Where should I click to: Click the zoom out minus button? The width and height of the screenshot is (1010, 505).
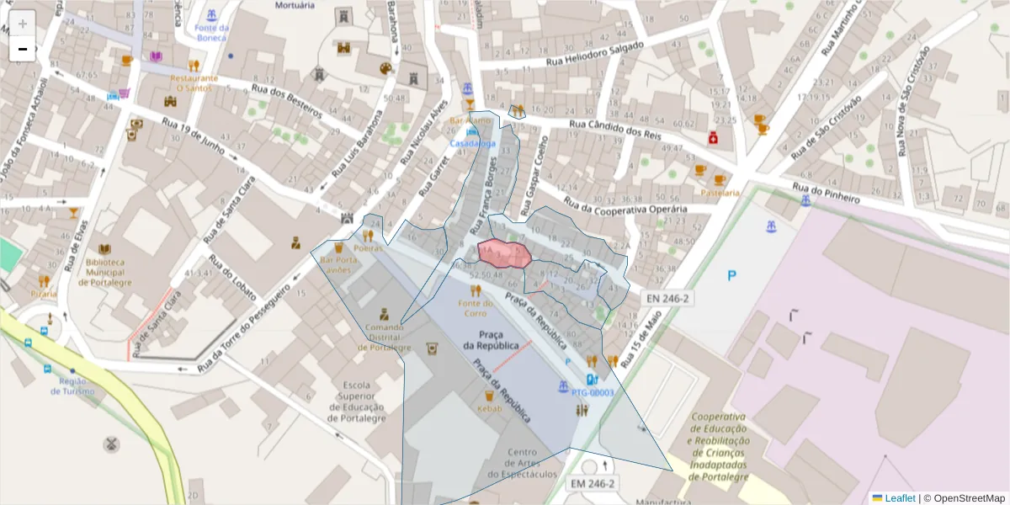click(x=23, y=50)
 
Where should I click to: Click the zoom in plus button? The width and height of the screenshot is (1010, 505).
click(x=23, y=24)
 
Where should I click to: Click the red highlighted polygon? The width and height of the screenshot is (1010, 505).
click(x=503, y=253)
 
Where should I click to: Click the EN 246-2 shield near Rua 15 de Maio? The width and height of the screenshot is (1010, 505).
click(x=667, y=298)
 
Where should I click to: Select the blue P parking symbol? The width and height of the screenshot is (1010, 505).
click(x=732, y=275)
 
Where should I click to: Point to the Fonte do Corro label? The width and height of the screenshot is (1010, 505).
click(x=476, y=308)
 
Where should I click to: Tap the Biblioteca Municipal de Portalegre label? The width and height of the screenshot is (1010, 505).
click(x=104, y=272)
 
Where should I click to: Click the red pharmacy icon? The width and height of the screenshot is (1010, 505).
click(x=712, y=137)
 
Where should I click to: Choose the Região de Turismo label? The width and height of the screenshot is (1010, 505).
click(x=72, y=386)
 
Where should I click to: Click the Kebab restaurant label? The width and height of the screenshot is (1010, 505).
click(x=489, y=408)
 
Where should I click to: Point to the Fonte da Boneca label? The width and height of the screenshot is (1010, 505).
click(x=211, y=32)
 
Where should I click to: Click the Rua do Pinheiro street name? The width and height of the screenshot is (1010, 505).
click(x=825, y=193)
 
